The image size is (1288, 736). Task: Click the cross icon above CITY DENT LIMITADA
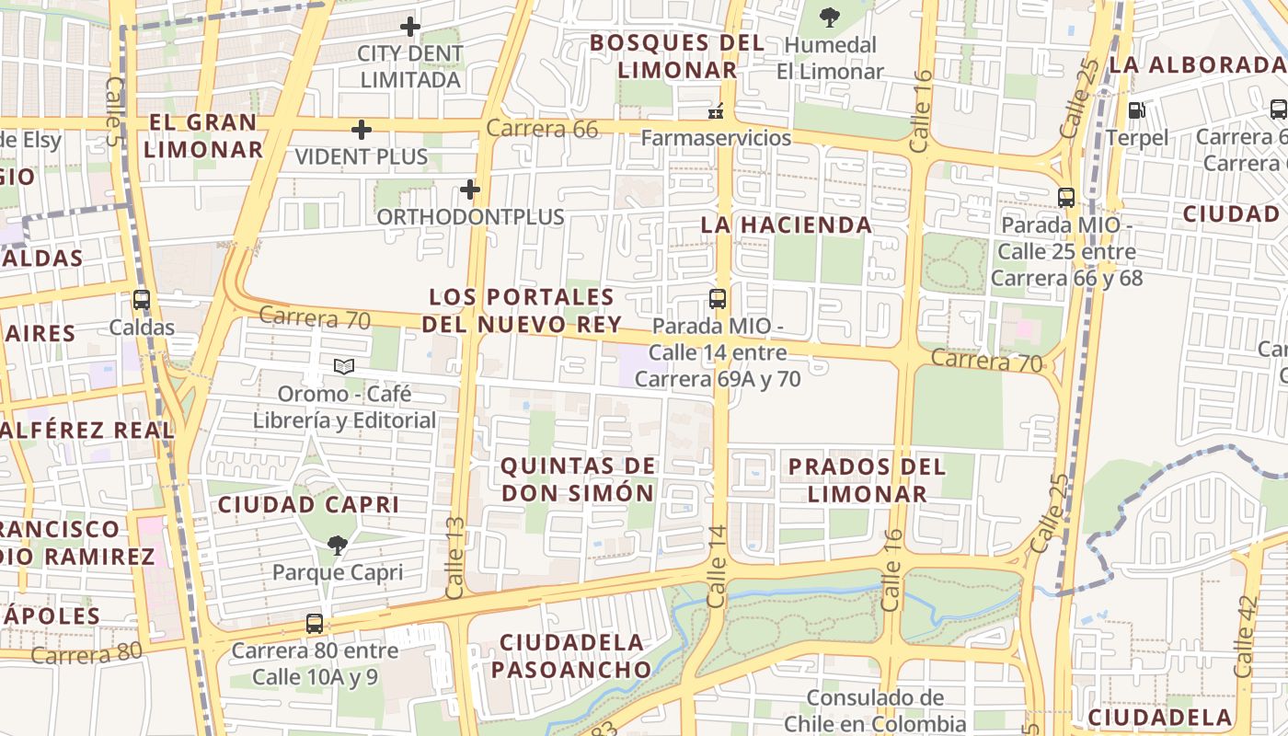pyautogui.click(x=410, y=27)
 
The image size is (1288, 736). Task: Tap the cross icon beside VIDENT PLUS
pyautogui.click(x=362, y=130)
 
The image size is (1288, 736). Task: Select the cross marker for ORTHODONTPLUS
pyautogui.click(x=470, y=190)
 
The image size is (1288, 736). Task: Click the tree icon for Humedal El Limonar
pyautogui.click(x=829, y=17)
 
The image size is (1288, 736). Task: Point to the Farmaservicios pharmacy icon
pyautogui.click(x=716, y=111)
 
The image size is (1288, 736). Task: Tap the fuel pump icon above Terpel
pyautogui.click(x=1137, y=110)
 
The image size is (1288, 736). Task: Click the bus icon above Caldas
pyautogui.click(x=141, y=300)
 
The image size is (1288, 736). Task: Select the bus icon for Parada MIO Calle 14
pyautogui.click(x=718, y=299)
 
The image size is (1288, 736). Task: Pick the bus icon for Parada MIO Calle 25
pyautogui.click(x=1066, y=198)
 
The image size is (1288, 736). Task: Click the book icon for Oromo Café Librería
pyautogui.click(x=344, y=367)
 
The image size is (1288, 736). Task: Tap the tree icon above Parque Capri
pyautogui.click(x=337, y=546)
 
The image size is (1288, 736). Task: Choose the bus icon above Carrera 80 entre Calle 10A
pyautogui.click(x=315, y=624)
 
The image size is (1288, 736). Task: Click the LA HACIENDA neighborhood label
pyautogui.click(x=786, y=224)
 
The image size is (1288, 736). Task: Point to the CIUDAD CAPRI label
pyautogui.click(x=308, y=504)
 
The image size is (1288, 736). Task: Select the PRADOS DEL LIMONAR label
pyautogui.click(x=867, y=479)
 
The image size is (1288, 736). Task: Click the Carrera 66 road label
pyautogui.click(x=542, y=129)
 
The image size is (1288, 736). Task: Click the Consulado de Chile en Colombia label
pyautogui.click(x=874, y=710)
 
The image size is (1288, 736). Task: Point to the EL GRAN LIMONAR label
pyautogui.click(x=203, y=135)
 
